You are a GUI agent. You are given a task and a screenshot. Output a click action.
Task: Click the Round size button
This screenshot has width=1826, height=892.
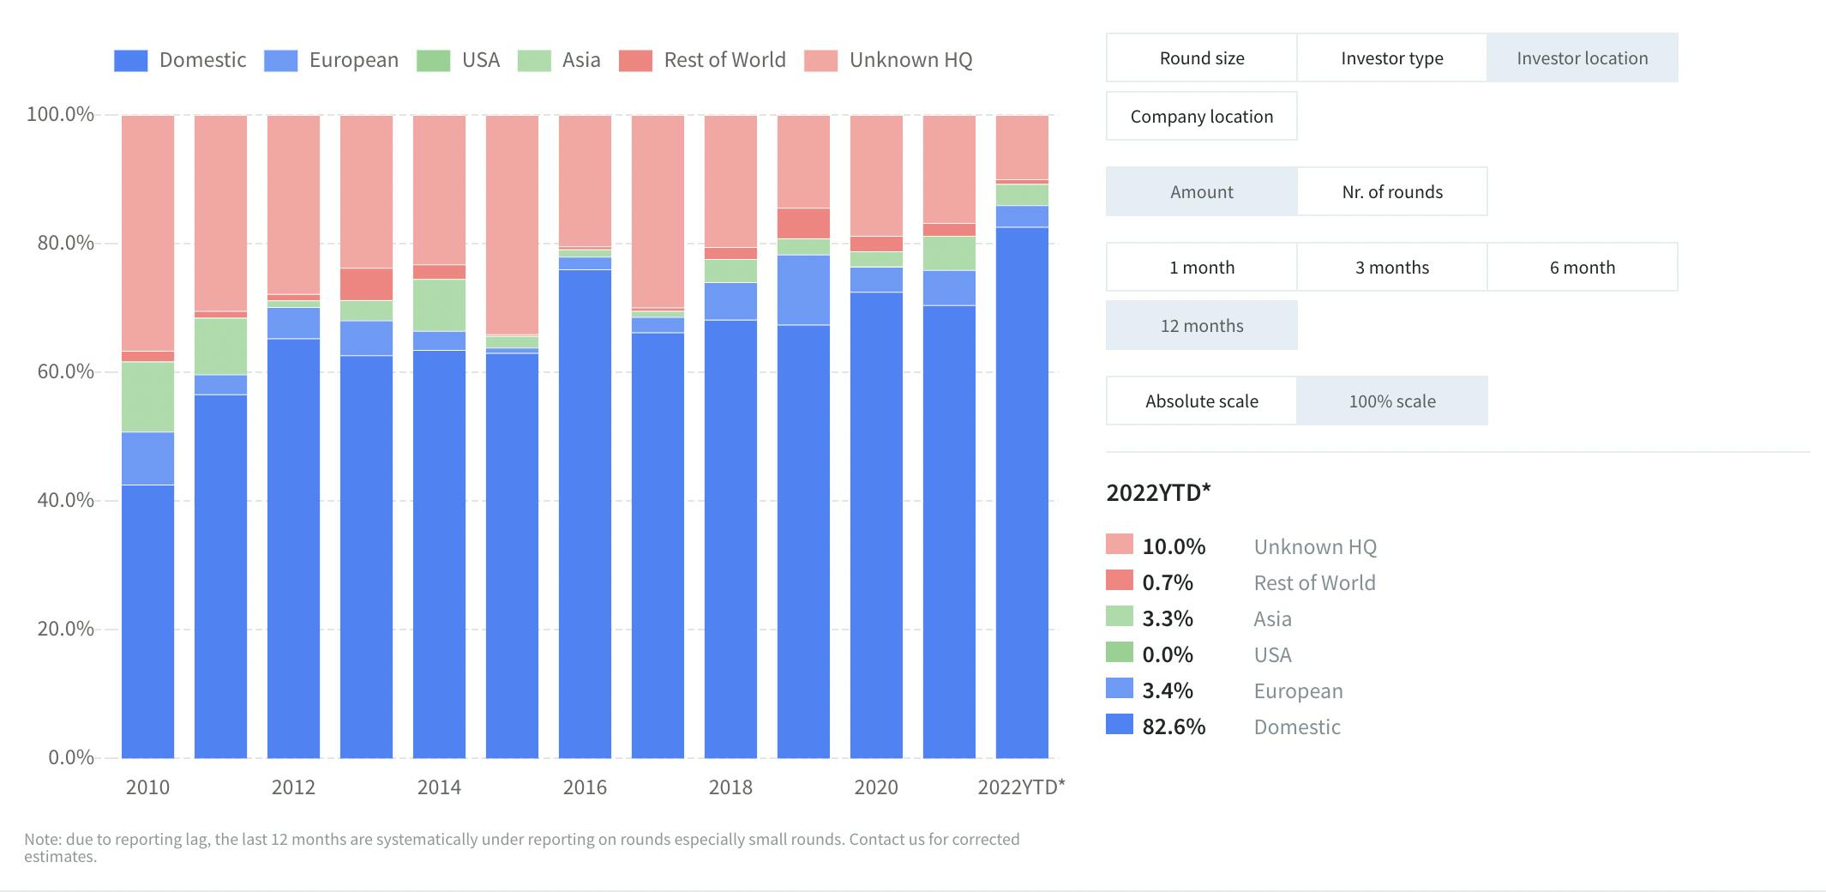tap(1201, 58)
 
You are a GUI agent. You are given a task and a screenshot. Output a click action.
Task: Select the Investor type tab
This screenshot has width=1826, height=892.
tap(1391, 58)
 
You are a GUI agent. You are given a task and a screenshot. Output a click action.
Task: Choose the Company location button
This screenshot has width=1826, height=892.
tap(1201, 117)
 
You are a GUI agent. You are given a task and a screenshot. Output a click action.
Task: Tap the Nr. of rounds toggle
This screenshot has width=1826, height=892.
tap(1391, 192)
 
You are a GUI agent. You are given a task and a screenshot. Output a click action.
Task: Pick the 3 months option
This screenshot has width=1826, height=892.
tap(1391, 268)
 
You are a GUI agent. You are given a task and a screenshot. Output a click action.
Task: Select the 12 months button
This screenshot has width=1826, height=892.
tap(1201, 326)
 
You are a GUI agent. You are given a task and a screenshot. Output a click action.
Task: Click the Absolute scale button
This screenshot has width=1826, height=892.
tap(1201, 401)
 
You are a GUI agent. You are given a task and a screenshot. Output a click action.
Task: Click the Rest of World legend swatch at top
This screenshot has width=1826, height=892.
tap(635, 60)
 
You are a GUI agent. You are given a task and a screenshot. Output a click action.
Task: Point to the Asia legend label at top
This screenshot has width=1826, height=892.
tap(580, 60)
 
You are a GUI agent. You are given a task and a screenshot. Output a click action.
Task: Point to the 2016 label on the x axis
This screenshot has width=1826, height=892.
tap(585, 787)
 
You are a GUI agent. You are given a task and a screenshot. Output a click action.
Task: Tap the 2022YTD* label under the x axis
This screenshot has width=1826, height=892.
tap(1021, 787)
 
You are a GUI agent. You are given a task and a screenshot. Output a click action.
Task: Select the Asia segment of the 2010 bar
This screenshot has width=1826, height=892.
tap(147, 396)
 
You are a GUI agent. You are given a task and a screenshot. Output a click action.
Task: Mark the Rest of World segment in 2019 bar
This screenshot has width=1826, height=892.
tap(803, 223)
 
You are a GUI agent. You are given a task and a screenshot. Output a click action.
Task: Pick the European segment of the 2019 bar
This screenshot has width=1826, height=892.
tap(803, 290)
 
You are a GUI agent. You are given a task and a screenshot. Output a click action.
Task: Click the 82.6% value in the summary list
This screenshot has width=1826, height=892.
tap(1174, 726)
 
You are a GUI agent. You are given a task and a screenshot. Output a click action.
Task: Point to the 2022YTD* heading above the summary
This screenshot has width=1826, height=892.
tap(1158, 492)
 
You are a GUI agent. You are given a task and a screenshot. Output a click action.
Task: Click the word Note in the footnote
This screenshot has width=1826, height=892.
tap(42, 839)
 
